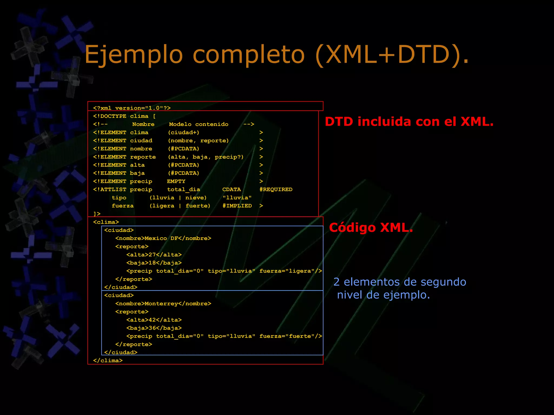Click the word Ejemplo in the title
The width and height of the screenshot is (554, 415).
134,55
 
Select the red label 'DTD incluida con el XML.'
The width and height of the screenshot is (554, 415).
409,122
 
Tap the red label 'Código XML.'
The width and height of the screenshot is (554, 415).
371,227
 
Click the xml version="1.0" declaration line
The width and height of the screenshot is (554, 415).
132,108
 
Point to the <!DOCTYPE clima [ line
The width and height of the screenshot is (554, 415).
124,116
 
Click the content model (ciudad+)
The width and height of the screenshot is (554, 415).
183,132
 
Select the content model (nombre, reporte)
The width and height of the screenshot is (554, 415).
198,140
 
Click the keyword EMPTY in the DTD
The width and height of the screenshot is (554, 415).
176,181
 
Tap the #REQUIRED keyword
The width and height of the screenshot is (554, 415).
276,189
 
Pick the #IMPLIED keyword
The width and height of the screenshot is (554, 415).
237,206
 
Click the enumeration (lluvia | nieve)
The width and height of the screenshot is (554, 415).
178,198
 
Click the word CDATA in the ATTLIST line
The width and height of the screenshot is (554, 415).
231,189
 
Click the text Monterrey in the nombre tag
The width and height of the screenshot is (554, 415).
161,303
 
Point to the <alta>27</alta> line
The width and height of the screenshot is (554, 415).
154,255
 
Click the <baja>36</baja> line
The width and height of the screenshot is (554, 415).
154,328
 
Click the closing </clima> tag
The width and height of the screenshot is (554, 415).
108,360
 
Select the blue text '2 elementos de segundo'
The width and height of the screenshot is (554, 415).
400,282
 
